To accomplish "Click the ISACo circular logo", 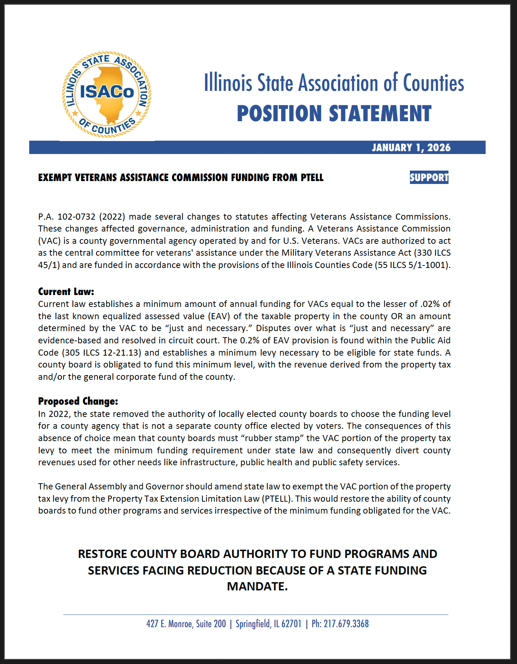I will [x=107, y=94].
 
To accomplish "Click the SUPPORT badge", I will [x=429, y=177].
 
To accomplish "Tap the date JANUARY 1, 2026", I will [x=411, y=148].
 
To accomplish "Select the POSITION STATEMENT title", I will [x=334, y=113].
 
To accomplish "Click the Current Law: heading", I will [x=66, y=291].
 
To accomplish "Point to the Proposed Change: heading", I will [x=78, y=401].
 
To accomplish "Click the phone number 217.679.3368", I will [x=346, y=624].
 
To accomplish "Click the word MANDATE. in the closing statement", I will [x=257, y=586].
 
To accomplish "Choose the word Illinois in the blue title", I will [x=228, y=83].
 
